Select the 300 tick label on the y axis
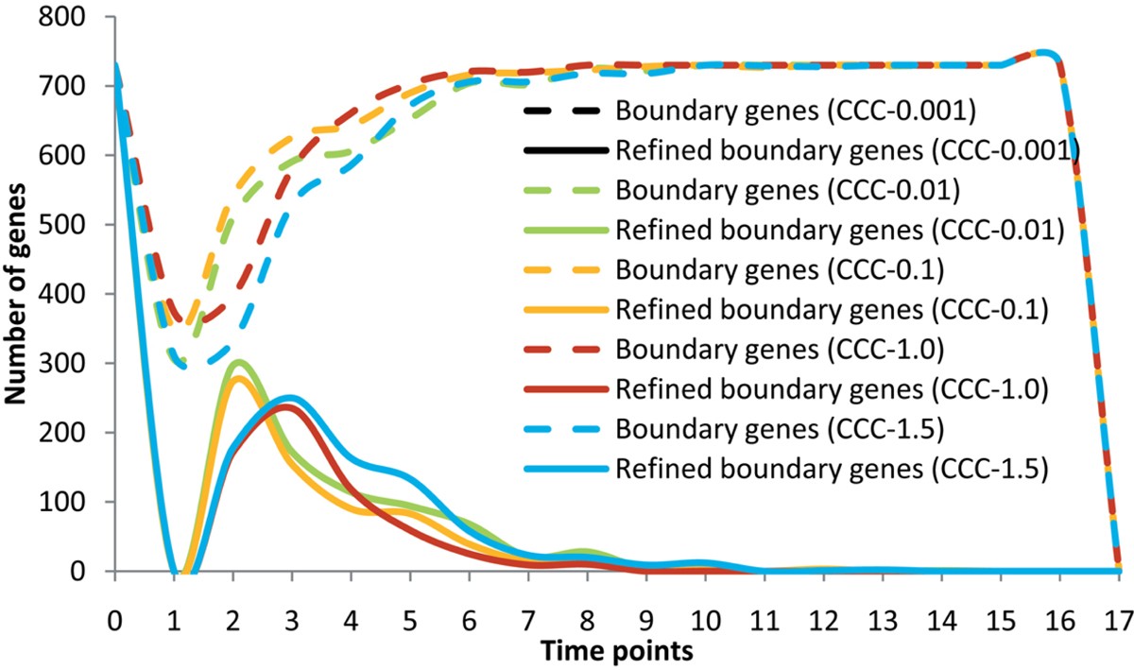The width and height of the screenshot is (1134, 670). [77, 364]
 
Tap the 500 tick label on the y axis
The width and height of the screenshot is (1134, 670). [77, 225]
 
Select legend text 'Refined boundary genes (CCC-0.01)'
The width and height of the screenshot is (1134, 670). [840, 228]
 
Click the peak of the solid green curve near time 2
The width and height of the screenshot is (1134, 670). [239, 362]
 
